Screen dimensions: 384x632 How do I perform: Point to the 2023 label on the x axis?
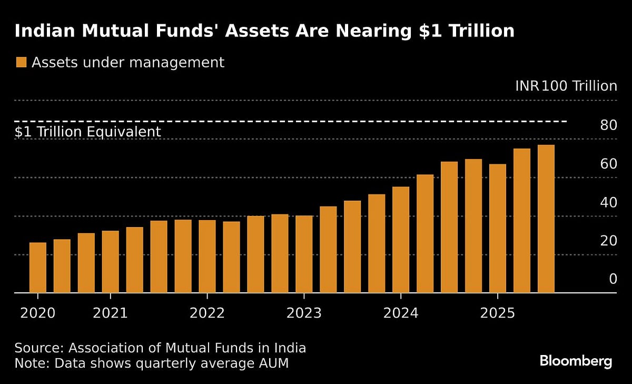304,313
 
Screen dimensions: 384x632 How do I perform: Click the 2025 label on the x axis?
498,313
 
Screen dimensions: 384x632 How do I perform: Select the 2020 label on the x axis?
37,313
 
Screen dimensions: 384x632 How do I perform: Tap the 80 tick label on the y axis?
608,125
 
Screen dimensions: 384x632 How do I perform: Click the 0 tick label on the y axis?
613,279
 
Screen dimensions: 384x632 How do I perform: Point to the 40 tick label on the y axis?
608,202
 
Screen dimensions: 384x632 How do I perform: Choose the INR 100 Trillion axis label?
566,86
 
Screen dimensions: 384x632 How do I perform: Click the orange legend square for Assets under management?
21,63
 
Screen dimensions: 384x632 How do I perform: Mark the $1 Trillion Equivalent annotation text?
87,132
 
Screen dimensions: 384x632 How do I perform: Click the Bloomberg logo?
576,361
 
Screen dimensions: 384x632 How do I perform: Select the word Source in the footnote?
38,348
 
